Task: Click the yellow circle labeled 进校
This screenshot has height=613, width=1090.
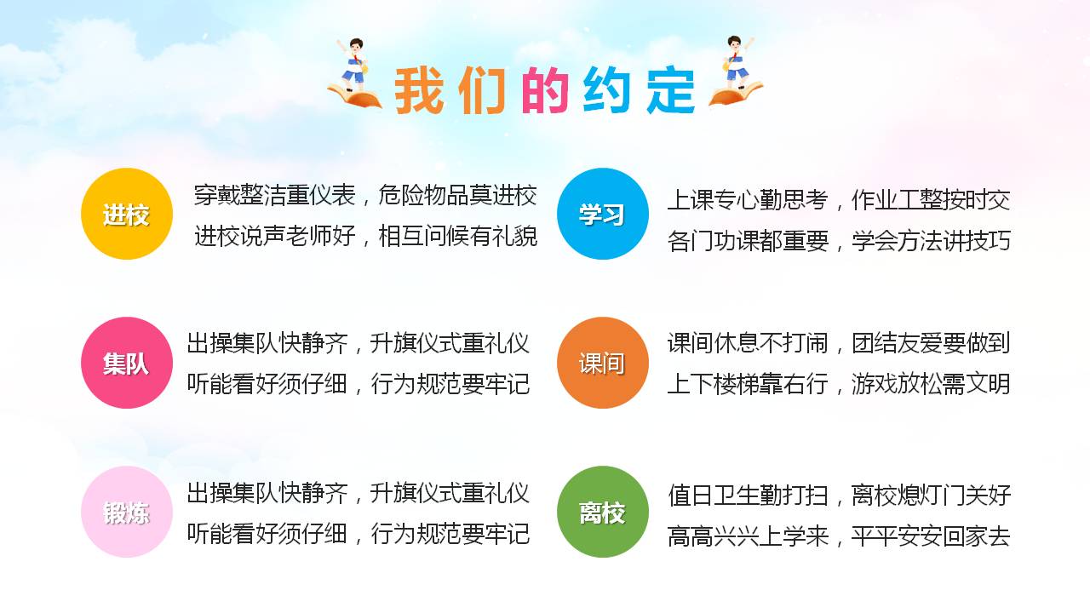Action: (x=127, y=214)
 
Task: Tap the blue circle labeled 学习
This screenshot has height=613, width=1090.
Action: (x=602, y=214)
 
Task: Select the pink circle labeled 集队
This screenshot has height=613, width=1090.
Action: (x=127, y=363)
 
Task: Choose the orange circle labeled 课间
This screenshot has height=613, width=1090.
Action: (x=602, y=363)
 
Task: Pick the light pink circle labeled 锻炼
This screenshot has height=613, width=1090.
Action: (x=127, y=512)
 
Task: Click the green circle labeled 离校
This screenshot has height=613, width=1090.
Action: (x=602, y=512)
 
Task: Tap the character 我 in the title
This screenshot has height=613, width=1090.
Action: (x=419, y=90)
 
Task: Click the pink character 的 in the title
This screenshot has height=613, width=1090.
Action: (x=545, y=90)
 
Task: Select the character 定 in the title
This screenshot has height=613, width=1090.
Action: (x=670, y=90)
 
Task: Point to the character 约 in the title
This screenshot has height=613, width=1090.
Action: (x=607, y=90)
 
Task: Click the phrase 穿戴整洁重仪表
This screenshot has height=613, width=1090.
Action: (x=274, y=196)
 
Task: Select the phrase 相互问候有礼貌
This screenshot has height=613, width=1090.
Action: (x=457, y=236)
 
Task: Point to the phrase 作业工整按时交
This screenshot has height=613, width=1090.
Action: (x=931, y=200)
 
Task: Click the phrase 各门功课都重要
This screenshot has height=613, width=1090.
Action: (x=748, y=241)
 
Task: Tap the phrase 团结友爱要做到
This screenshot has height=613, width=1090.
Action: (x=931, y=343)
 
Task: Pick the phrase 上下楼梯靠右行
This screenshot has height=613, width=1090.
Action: (x=748, y=384)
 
